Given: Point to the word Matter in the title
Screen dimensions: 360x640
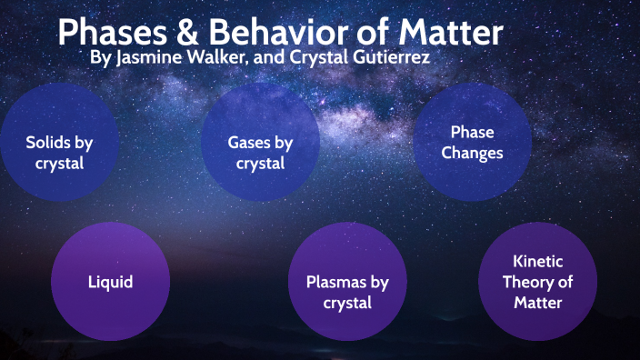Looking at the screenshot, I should pos(449,33).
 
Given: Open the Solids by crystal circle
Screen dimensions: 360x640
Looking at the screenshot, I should pos(59,153).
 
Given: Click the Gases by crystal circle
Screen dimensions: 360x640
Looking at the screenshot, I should pos(260,153).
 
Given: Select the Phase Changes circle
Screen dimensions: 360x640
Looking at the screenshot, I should pos(472,142).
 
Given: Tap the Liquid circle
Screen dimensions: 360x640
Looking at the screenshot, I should pos(110,281).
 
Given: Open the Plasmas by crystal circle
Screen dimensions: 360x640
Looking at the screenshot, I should pos(346,291).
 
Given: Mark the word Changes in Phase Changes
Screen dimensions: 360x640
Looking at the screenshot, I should pos(472,153).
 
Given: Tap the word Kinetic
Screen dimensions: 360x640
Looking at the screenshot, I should pos(538,260).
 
